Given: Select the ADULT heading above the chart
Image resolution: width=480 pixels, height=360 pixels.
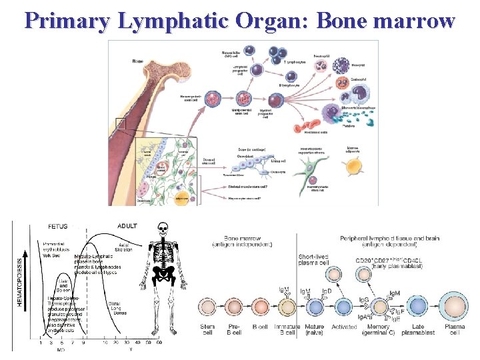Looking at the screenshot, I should pyautogui.click(x=127, y=226).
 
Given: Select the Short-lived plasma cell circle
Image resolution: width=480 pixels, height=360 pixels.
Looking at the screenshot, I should pyautogui.click(x=313, y=274).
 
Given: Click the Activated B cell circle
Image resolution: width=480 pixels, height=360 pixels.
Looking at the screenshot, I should pyautogui.click(x=343, y=307).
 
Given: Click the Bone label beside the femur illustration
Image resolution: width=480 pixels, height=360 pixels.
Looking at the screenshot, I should pyautogui.click(x=138, y=61).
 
